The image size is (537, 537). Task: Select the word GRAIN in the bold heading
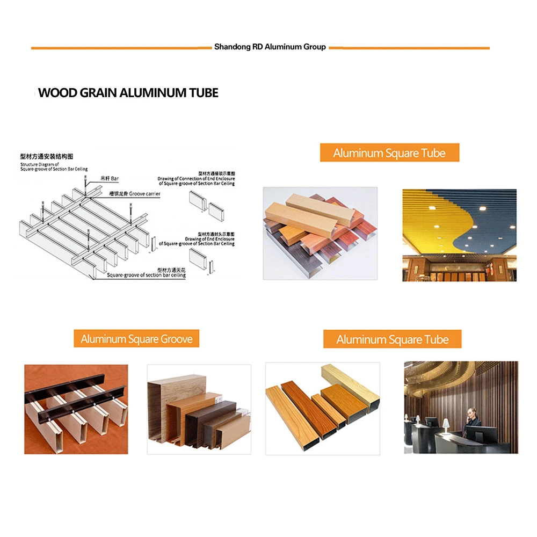tap(99, 93)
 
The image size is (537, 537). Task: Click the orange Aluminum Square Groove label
tap(136, 339)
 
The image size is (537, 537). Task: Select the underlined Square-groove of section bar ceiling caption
tap(146, 275)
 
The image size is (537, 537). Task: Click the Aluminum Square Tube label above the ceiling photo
tap(389, 153)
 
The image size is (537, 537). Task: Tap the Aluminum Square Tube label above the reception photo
tap(392, 339)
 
